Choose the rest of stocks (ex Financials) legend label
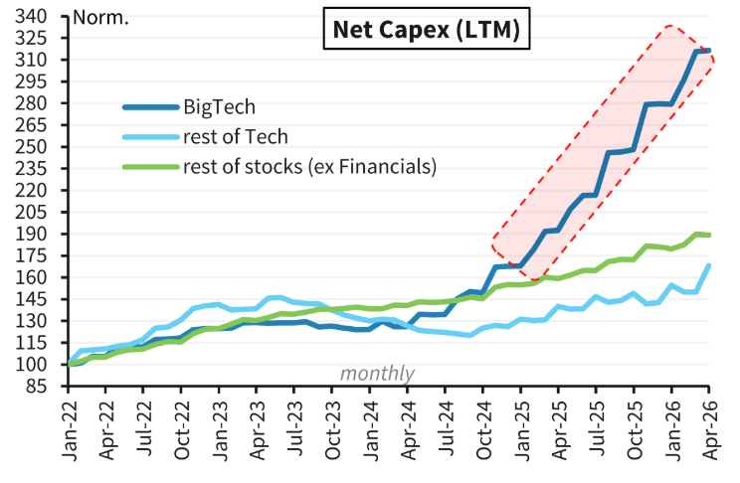309,166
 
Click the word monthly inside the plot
377,374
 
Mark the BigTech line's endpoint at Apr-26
708,50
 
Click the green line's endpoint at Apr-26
708,235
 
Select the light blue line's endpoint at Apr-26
708,265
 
